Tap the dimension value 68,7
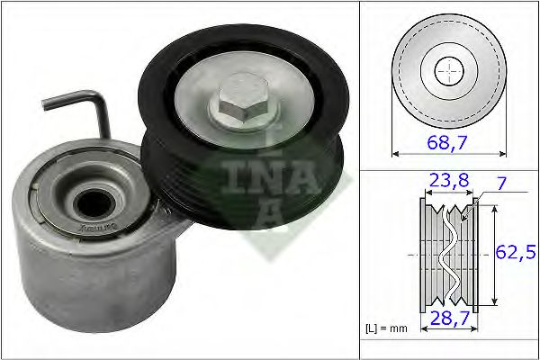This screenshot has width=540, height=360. [447, 140]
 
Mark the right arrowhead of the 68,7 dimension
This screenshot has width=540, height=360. [503, 153]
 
